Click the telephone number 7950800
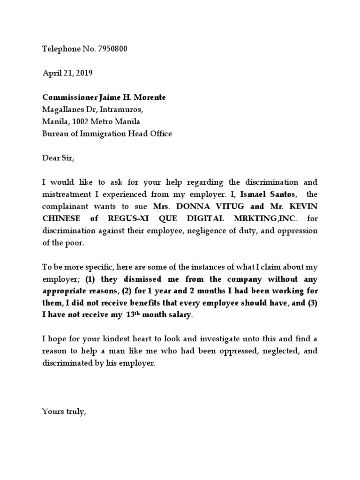(x=112, y=48)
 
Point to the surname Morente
(x=150, y=97)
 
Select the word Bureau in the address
(x=54, y=134)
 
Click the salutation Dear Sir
(x=58, y=158)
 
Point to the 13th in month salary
(x=134, y=315)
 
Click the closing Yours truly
(x=64, y=412)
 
